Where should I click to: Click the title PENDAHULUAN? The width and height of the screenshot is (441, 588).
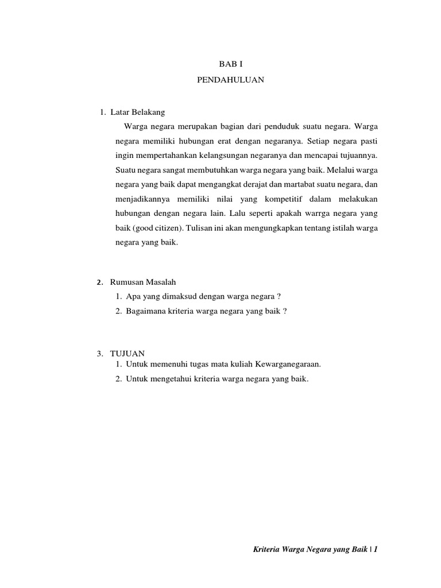[x=230, y=80]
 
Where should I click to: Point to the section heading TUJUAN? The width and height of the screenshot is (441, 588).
[x=129, y=353]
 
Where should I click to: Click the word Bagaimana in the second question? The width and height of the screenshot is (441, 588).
[x=145, y=311]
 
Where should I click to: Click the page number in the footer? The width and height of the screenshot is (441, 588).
[x=376, y=550]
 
